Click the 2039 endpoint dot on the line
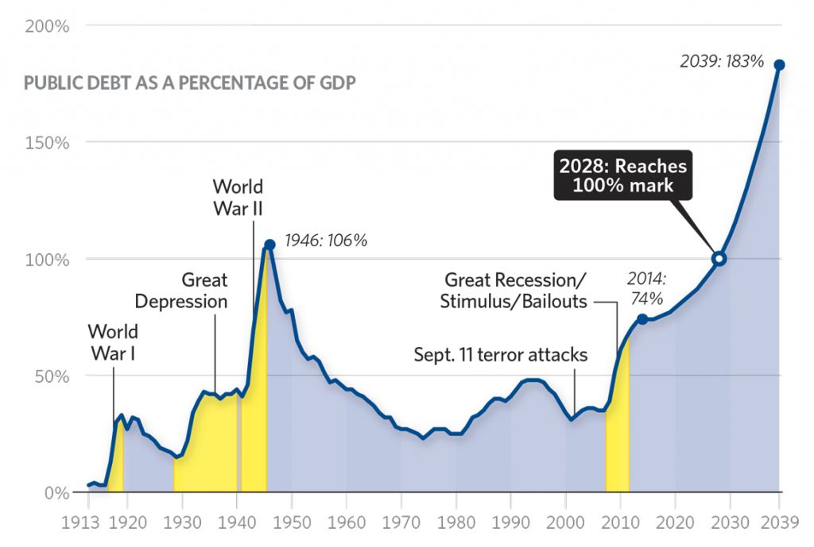[780, 65]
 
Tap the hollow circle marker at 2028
[719, 259]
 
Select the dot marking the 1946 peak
[269, 245]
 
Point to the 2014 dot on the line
[642, 319]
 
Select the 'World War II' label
[238, 198]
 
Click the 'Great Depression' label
[181, 291]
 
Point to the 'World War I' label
[113, 341]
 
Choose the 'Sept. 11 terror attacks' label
[501, 355]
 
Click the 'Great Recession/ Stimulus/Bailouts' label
[515, 291]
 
